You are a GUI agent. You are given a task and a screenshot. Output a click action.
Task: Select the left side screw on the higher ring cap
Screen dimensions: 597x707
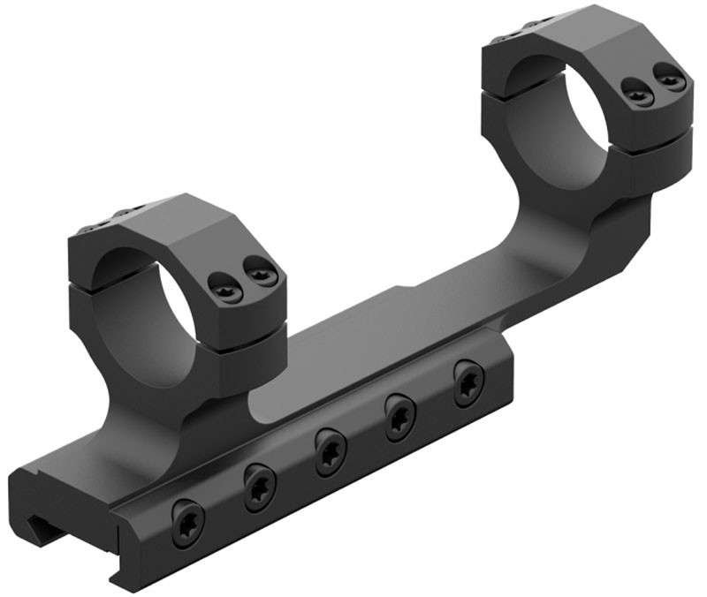(633, 88)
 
